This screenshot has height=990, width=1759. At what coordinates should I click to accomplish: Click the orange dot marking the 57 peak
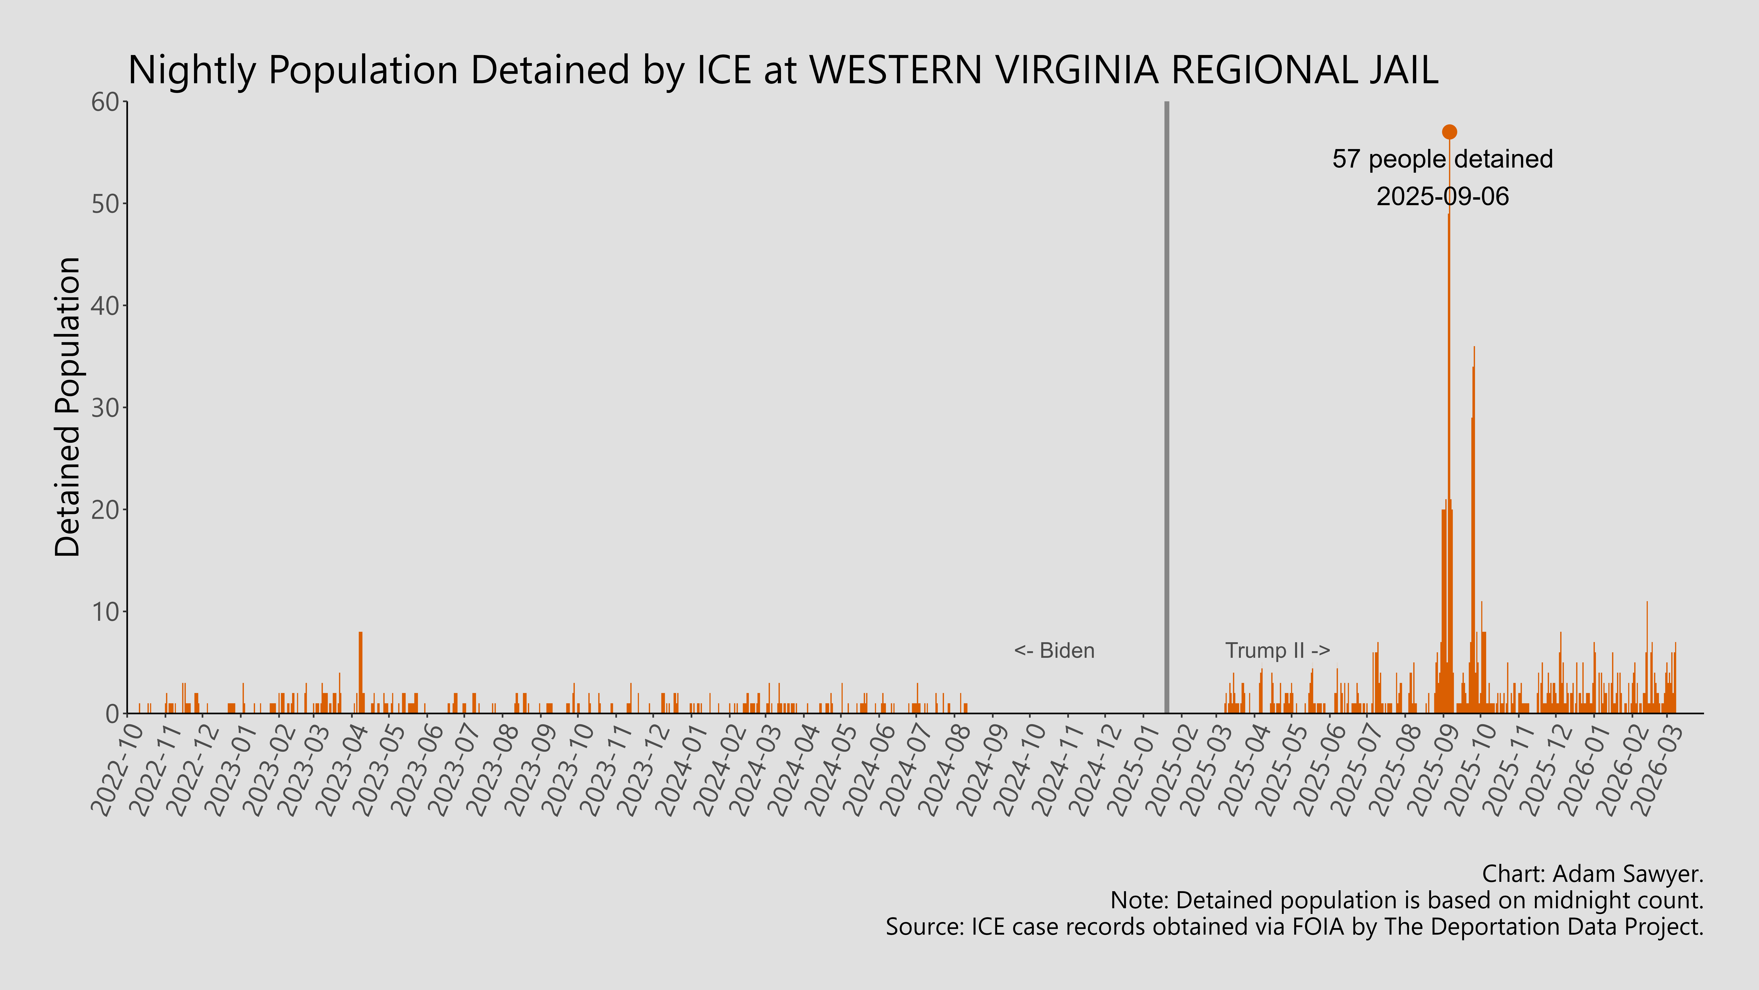(1449, 132)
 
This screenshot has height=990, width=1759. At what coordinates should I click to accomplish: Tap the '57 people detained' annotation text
(1442, 159)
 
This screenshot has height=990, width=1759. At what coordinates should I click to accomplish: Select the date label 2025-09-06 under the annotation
(1442, 197)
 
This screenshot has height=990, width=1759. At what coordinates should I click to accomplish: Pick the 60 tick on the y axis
(106, 102)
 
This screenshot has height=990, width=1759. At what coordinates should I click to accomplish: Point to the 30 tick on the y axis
(106, 408)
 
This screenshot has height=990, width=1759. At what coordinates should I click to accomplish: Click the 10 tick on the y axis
(106, 611)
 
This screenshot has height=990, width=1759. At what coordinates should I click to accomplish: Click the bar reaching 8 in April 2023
(361, 673)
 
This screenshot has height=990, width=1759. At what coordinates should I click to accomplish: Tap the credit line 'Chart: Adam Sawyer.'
(1592, 874)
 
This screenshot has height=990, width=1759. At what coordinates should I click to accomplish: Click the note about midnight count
(1407, 901)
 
